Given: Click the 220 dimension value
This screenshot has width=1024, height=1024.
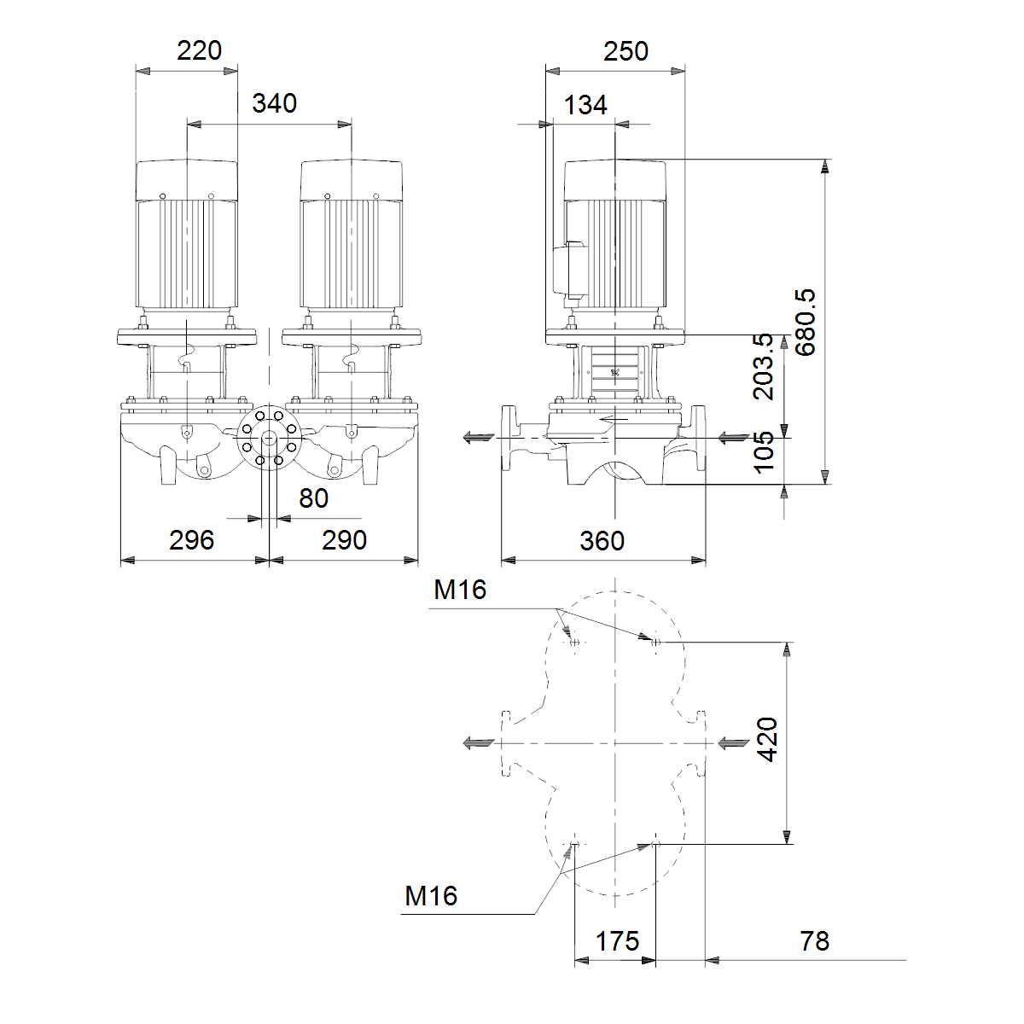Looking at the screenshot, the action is [200, 51].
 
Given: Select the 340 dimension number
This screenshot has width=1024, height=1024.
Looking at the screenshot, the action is [274, 103].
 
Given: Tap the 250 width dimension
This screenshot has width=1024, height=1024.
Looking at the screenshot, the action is [626, 51].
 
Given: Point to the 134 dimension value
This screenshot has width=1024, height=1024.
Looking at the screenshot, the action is [585, 105].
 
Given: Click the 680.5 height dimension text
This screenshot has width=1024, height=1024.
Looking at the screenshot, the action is [806, 323].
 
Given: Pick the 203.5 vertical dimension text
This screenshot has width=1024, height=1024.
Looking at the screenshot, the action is [764, 366].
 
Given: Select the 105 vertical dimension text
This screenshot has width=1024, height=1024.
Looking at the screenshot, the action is [764, 452].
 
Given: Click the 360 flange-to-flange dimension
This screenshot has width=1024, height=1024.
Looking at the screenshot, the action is [602, 541].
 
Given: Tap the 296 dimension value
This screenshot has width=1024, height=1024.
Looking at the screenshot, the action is [191, 540].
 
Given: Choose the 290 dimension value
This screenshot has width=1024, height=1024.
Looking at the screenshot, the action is [345, 540].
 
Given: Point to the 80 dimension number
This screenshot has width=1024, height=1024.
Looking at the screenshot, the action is [313, 498].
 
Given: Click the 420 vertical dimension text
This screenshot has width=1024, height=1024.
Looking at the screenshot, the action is [767, 739].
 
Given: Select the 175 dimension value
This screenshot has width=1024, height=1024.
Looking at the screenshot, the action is [617, 941].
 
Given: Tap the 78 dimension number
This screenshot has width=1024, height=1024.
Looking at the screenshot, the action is [815, 941].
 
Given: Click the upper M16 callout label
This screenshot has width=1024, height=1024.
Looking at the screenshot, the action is [460, 590].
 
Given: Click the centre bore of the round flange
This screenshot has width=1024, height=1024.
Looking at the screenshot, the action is [269, 438].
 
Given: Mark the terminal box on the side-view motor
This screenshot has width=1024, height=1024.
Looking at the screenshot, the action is [569, 269].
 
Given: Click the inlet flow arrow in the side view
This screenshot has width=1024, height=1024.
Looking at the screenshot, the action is [734, 438].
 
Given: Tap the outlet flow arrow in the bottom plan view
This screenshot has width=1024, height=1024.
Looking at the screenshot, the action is [479, 743].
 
